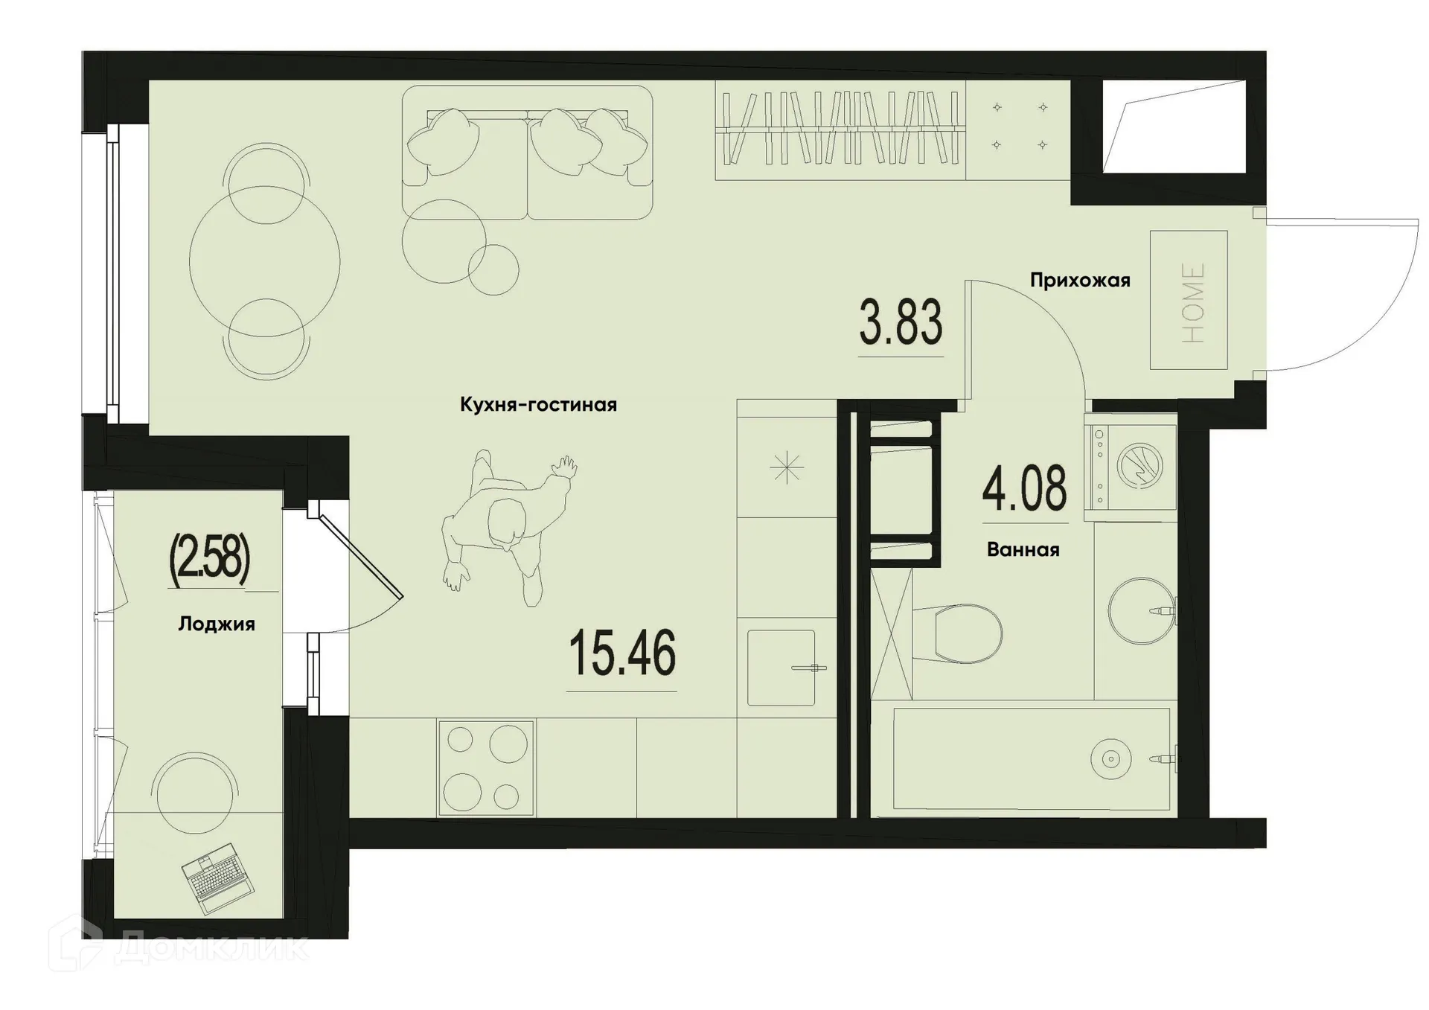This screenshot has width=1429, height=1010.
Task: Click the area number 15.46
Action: pos(621,653)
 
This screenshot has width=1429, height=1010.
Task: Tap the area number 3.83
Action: pos(901,322)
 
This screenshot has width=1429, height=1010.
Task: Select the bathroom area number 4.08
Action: pos(1024,488)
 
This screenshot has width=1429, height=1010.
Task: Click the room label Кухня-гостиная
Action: pos(538,405)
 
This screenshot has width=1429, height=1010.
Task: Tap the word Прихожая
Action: pos(1080,281)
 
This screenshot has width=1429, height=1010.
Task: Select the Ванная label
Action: pos(1023,550)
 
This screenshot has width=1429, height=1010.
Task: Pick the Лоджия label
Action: pos(217,624)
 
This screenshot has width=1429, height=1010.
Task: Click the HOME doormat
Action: pos(1188,300)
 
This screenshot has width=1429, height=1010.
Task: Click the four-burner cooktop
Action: pos(486,768)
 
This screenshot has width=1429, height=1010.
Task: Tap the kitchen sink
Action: pos(781,668)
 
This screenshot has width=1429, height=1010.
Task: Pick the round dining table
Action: pos(265,261)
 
